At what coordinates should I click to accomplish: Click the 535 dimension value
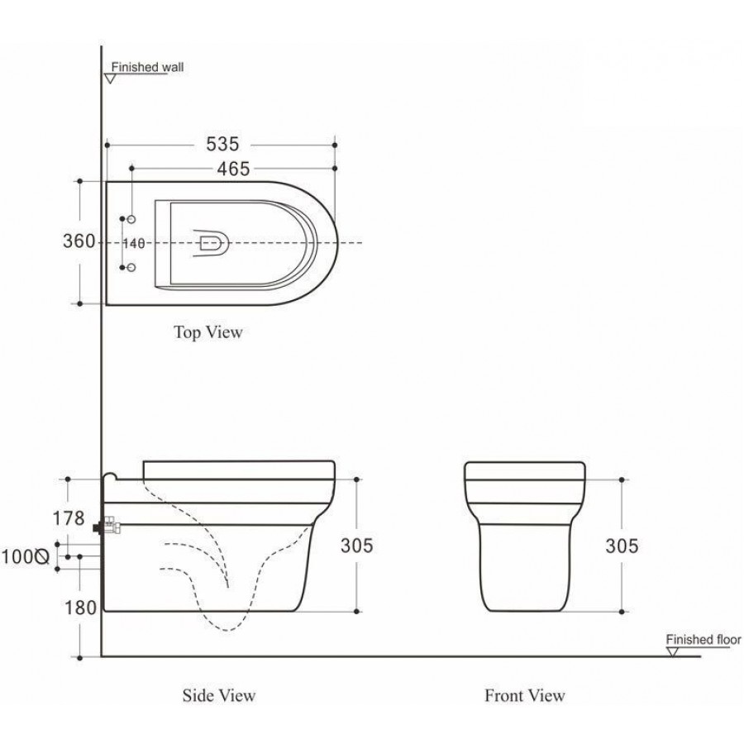(222, 144)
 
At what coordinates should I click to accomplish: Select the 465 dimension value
(233, 169)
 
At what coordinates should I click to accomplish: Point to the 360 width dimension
(79, 241)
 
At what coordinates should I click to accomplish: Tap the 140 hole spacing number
(134, 243)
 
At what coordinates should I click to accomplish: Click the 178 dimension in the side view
(69, 518)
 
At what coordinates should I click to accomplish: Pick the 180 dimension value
(80, 608)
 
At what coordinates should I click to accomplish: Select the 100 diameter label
(25, 556)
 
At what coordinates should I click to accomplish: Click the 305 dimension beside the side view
(357, 546)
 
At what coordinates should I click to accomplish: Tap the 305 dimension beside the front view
(622, 546)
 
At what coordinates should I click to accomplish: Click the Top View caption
(208, 332)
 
